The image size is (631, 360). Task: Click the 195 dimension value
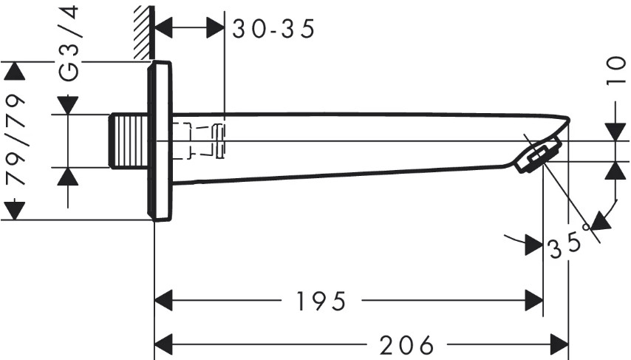[321, 301]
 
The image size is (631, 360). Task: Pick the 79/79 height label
[16, 140]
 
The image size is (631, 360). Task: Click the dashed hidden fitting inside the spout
[199, 140]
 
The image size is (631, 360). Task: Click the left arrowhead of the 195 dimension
[164, 301]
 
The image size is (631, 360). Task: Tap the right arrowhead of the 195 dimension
[533, 301]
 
